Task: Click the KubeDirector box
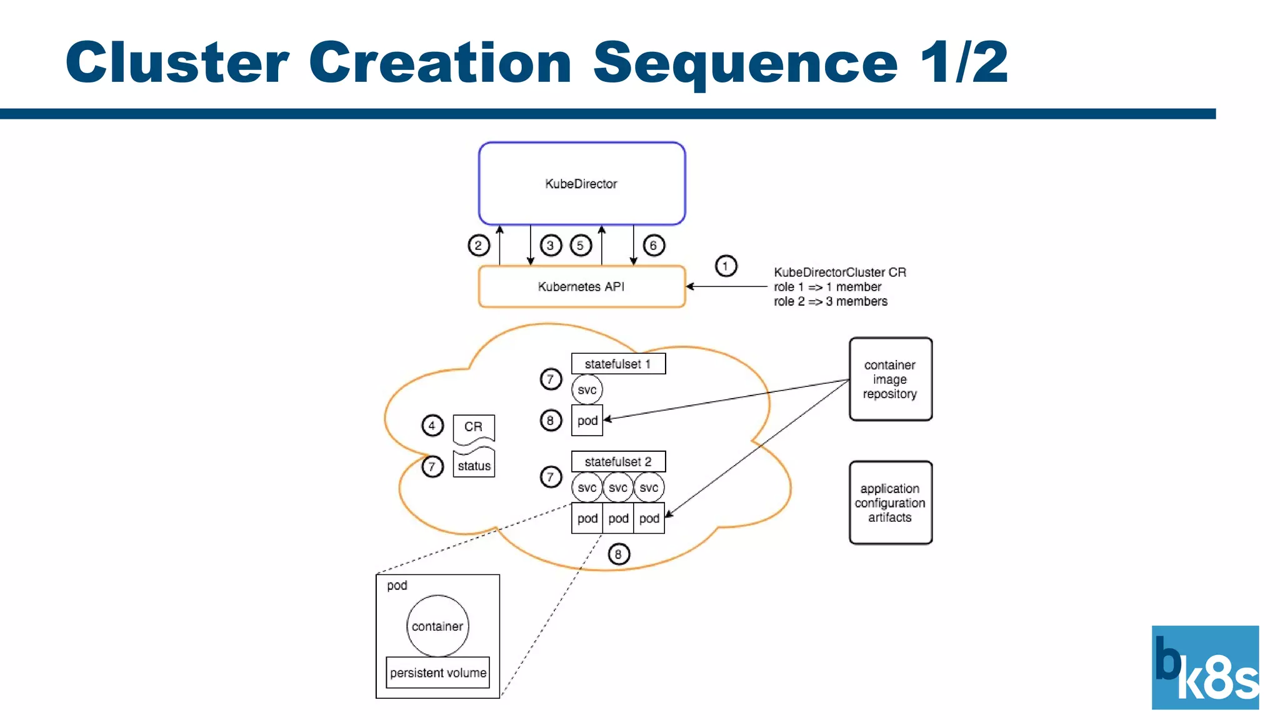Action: (x=582, y=183)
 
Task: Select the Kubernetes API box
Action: (x=582, y=286)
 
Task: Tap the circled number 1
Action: (x=726, y=266)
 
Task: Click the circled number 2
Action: (x=479, y=245)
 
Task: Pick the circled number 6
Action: (x=654, y=245)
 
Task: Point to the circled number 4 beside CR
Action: (x=432, y=426)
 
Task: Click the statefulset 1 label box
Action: (x=618, y=364)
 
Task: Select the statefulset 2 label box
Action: (x=618, y=462)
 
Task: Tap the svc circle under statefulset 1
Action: (x=587, y=390)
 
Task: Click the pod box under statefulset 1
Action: (x=587, y=421)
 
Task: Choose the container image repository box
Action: (x=890, y=379)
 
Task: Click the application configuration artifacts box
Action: (x=890, y=503)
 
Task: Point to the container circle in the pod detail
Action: (x=437, y=626)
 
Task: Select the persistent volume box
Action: (x=437, y=672)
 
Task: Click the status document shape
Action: (x=474, y=464)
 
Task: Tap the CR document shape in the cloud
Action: (x=473, y=427)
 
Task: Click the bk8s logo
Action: (x=1205, y=667)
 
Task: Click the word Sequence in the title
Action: (x=745, y=63)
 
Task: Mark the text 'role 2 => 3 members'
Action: (x=831, y=301)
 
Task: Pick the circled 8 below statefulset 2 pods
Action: (x=618, y=554)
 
